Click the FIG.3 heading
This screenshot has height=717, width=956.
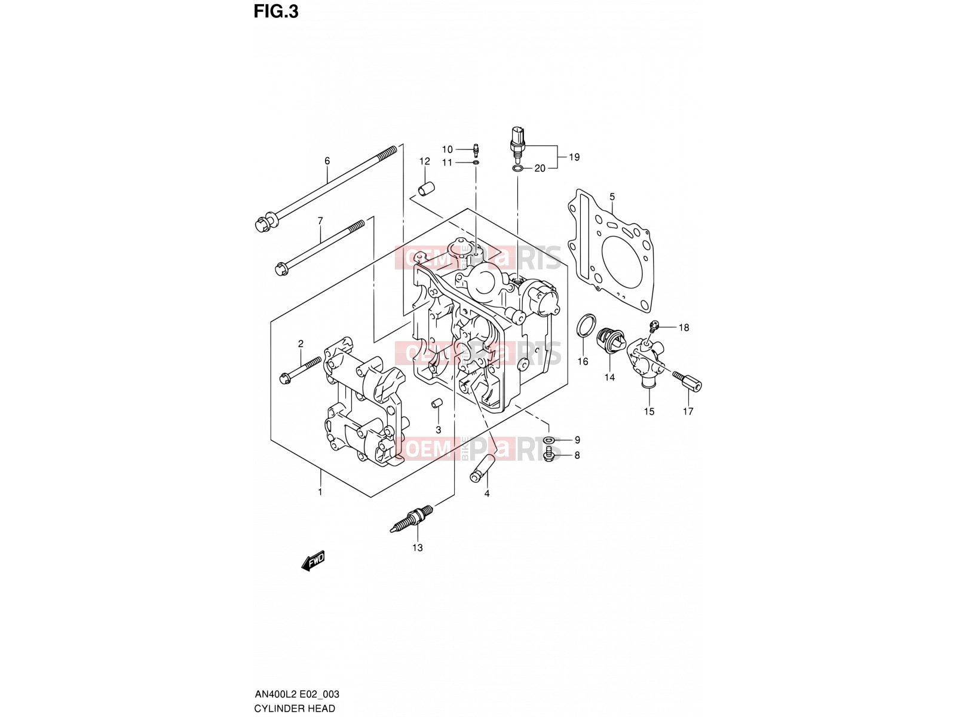coord(275,11)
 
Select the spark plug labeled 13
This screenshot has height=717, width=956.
coord(411,519)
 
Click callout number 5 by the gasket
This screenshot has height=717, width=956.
coord(612,197)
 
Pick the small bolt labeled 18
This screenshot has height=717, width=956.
coord(653,324)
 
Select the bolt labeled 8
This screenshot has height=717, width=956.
coord(549,455)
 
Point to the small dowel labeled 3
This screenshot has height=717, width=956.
coord(436,403)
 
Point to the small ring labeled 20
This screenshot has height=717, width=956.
coord(517,168)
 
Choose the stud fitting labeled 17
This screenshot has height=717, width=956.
coord(687,381)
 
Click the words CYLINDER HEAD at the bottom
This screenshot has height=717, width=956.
coord(295,708)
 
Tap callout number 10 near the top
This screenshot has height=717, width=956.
coord(448,149)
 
